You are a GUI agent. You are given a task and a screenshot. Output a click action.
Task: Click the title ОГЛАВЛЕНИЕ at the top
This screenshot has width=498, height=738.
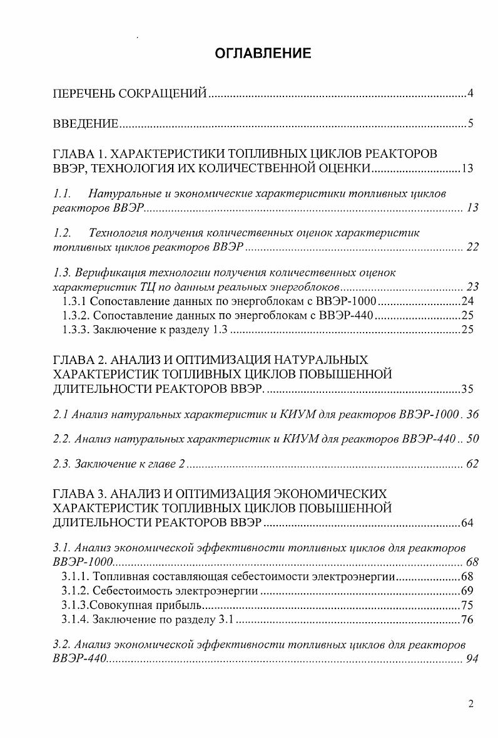pos(263,53)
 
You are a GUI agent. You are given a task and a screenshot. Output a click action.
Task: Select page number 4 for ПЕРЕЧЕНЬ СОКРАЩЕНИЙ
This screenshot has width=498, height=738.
pos(470,95)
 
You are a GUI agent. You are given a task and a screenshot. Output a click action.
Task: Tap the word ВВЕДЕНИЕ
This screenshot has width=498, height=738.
pos(84,123)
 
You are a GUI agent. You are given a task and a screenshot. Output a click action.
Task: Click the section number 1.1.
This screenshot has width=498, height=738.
pos(62,194)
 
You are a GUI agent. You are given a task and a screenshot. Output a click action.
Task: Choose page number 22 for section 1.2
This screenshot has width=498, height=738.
pos(472,247)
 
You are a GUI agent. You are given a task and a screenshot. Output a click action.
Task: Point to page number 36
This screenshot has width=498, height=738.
pos(472,414)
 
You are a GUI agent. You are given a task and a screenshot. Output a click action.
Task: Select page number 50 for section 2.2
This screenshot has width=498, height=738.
pos(472,439)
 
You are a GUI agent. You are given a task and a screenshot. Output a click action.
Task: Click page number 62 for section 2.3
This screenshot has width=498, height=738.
pos(472,464)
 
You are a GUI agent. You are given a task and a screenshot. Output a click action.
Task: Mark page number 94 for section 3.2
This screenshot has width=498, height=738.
pos(472,658)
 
